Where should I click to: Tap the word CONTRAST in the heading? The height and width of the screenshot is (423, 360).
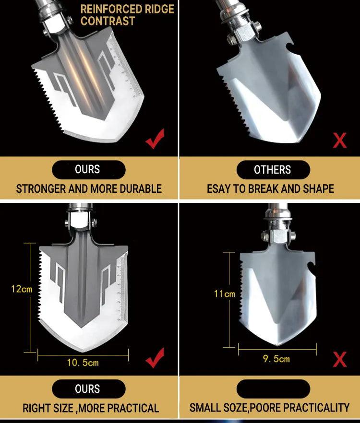tap(108, 21)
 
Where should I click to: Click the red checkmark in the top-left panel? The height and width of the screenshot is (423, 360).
tap(155, 139)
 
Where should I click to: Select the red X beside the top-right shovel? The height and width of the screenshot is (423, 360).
tap(340, 140)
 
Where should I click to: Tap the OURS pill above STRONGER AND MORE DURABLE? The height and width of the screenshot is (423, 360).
tap(89, 170)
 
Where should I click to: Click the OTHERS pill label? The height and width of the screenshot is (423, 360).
tap(273, 170)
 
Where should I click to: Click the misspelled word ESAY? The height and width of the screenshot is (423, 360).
tap(218, 189)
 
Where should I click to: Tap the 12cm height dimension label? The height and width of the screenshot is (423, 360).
tap(22, 289)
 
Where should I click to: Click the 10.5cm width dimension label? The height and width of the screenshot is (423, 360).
tap(83, 363)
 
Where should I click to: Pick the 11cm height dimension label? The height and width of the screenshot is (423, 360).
tap(225, 294)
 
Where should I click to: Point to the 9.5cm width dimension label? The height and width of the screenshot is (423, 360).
tap(276, 359)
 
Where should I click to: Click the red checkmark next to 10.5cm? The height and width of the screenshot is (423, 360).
tap(155, 358)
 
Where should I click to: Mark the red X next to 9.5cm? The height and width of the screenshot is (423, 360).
tap(340, 359)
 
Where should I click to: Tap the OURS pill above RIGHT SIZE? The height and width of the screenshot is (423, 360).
tap(89, 389)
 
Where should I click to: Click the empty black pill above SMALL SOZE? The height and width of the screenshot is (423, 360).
tap(273, 389)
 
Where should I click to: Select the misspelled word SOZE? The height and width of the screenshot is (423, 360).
tap(234, 408)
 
